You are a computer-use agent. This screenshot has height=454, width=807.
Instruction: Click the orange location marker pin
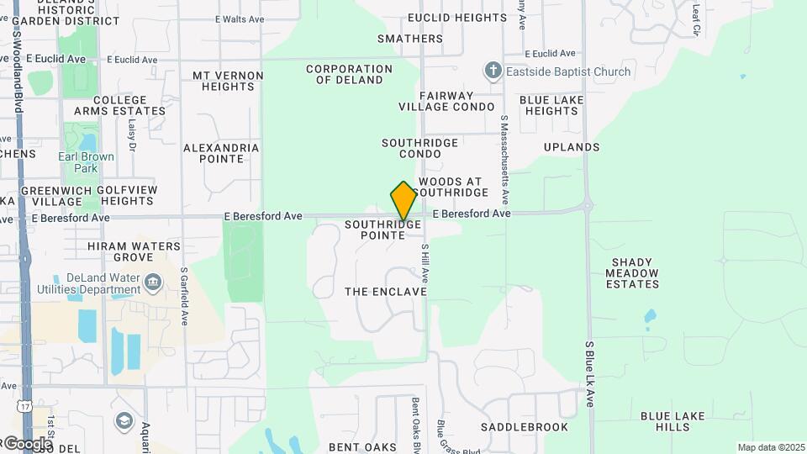pos(403,201)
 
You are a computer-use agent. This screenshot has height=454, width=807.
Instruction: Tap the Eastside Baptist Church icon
pos(493,71)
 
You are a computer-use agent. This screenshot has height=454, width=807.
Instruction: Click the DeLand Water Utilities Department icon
pos(152,282)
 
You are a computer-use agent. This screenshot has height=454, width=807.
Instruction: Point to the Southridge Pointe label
pos(382,230)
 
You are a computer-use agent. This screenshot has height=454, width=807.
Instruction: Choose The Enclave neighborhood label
pos(386,292)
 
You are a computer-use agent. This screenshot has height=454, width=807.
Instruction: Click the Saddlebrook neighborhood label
pos(525,427)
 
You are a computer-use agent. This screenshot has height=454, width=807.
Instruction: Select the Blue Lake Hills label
pos(678,421)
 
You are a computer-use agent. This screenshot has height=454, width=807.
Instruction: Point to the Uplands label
pos(572,147)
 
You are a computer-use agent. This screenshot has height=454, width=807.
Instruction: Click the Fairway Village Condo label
pos(446,102)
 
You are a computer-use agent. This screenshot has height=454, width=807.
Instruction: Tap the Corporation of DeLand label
pos(349,75)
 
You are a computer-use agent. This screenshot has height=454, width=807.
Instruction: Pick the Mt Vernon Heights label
pos(223,81)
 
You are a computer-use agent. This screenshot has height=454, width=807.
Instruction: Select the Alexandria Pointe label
pos(221,153)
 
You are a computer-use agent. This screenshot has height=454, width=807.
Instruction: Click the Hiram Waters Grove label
pos(134,251)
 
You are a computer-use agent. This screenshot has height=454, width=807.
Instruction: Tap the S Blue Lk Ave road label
pos(589,374)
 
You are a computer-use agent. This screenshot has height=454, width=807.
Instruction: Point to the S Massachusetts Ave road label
pos(505,160)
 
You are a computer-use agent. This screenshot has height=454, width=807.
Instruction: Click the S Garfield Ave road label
pos(184,296)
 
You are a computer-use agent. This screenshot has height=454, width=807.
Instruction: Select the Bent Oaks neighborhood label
pos(361,447)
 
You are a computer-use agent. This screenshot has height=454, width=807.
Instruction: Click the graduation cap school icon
pos(124,420)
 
